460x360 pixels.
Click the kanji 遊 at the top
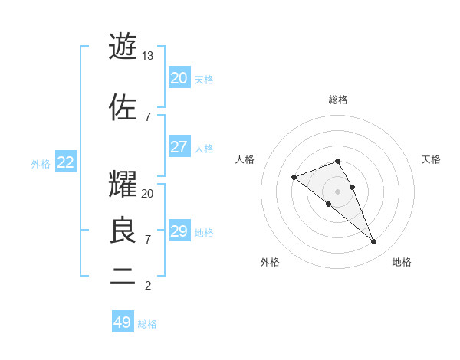pyautogui.click(x=123, y=47)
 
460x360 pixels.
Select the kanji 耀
pyautogui.click(x=123, y=184)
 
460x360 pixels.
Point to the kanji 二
pyautogui.click(x=123, y=277)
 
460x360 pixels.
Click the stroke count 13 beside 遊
pyautogui.click(x=148, y=56)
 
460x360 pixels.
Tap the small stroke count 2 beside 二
pyautogui.click(x=148, y=286)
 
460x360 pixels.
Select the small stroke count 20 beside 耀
pyautogui.click(x=148, y=194)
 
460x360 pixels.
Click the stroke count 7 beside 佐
pyautogui.click(x=148, y=117)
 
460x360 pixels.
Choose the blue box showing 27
pyautogui.click(x=179, y=147)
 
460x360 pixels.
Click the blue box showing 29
pyautogui.click(x=179, y=231)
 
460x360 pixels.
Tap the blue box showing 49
pyautogui.click(x=123, y=322)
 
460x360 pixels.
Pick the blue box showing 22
pyautogui.click(x=66, y=162)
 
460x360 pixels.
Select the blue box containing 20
pyautogui.click(x=179, y=78)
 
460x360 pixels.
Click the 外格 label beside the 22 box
pyautogui.click(x=41, y=163)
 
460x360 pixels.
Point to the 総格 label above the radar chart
pyautogui.click(x=337, y=100)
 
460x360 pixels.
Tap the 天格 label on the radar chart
pyautogui.click(x=432, y=159)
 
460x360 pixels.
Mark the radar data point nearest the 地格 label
pyautogui.click(x=374, y=242)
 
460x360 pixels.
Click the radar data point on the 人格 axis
pyautogui.click(x=294, y=178)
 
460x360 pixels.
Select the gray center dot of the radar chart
pyautogui.click(x=337, y=191)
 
